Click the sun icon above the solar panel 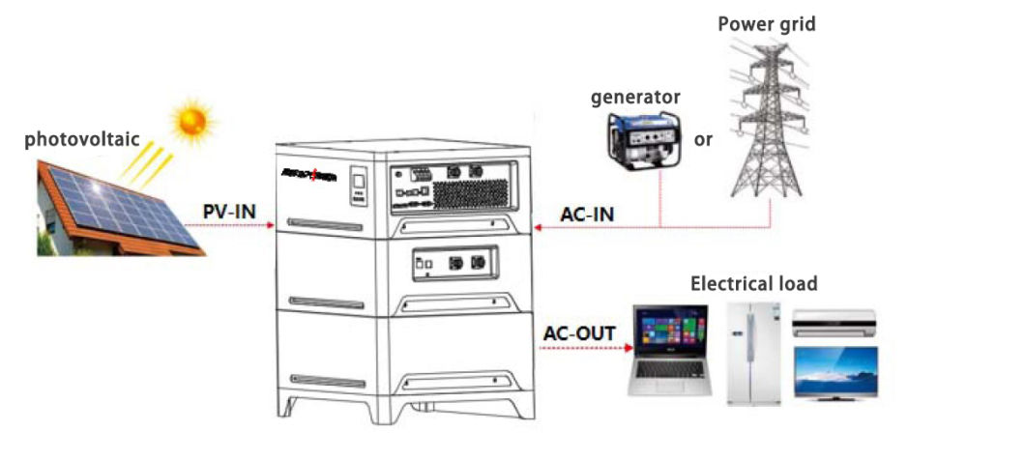coord(190,121)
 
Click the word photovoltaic coord(78,141)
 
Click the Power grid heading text coord(766,24)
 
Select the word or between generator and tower coord(703,139)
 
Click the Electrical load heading coord(753,283)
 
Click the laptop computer coord(669,350)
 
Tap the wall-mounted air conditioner coord(834,322)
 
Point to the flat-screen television coord(835,371)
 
